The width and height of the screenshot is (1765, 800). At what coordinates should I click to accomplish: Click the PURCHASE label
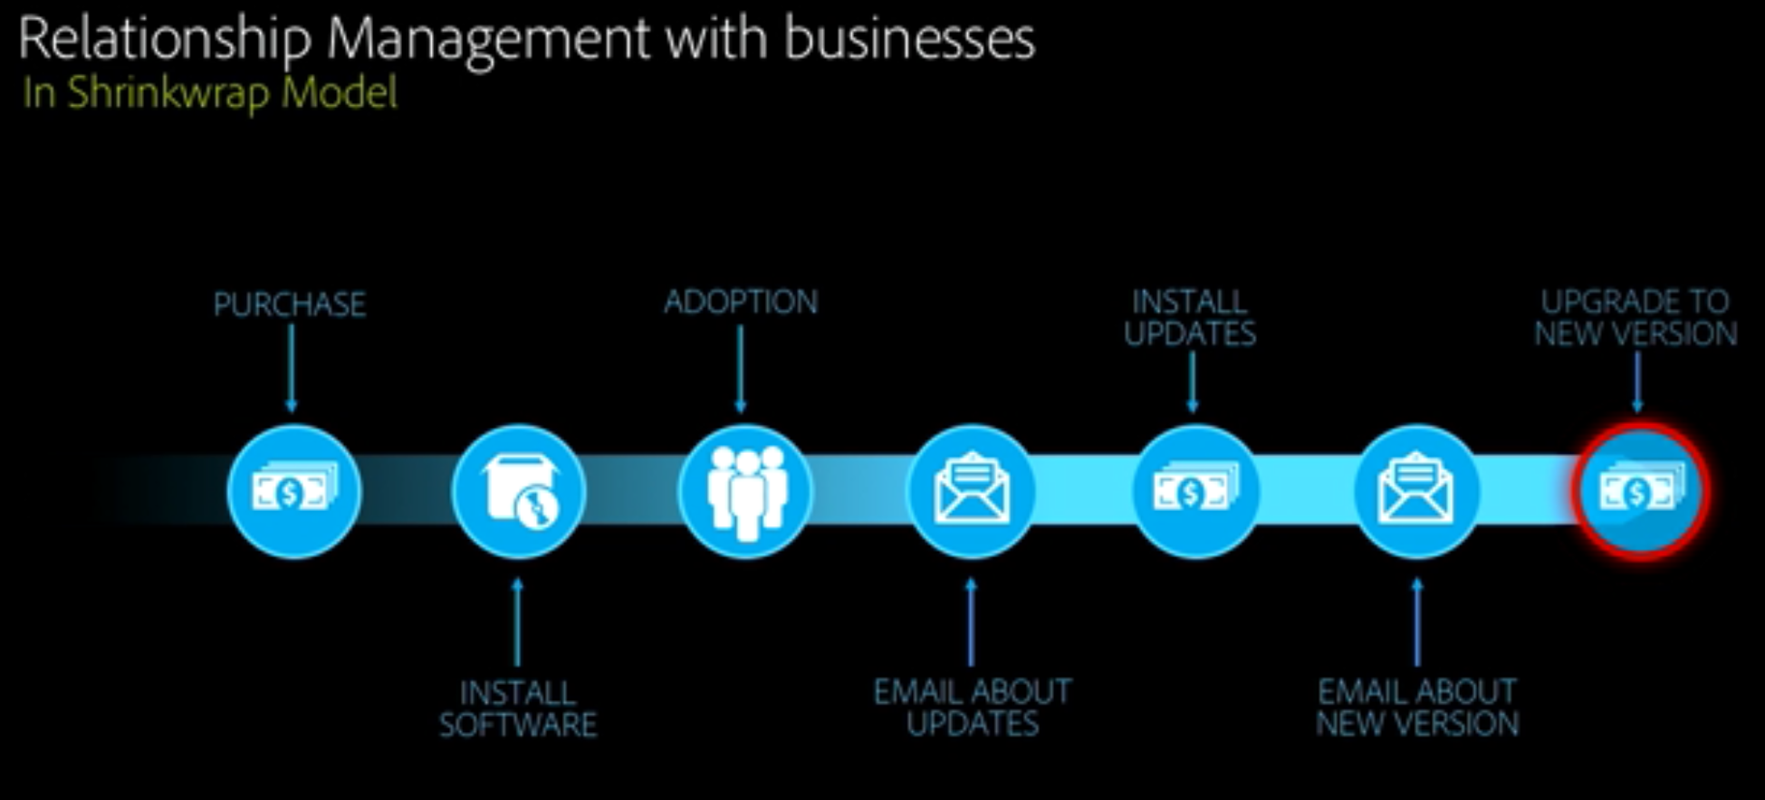(290, 304)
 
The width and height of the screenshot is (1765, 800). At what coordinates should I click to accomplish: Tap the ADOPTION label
(741, 302)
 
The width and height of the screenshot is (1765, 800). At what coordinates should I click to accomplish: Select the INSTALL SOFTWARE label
(518, 708)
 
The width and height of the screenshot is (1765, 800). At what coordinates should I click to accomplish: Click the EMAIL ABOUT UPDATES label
(973, 708)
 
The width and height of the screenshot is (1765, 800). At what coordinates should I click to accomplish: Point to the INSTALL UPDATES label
(1190, 317)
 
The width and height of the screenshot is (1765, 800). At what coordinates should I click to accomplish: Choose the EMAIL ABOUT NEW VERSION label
(1417, 708)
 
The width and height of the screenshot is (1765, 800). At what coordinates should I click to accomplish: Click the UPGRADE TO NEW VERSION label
(1636, 317)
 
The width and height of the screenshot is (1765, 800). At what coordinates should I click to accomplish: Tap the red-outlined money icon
(1640, 492)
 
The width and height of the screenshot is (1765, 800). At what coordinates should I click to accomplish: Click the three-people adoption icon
(745, 492)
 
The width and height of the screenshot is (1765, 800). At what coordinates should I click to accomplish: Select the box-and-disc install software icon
(519, 492)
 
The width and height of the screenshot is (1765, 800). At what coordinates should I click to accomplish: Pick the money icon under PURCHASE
(293, 492)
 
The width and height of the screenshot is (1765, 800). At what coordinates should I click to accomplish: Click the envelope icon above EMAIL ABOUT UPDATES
(972, 492)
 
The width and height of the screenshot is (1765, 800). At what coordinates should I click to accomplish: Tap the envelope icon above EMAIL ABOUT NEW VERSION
(1416, 492)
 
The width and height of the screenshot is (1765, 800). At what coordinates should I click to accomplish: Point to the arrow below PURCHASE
(291, 368)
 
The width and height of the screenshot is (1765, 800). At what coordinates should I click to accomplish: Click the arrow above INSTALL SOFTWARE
(517, 622)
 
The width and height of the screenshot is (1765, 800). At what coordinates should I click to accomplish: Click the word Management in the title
(488, 40)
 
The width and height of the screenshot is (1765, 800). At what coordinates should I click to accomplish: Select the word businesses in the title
(908, 40)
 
